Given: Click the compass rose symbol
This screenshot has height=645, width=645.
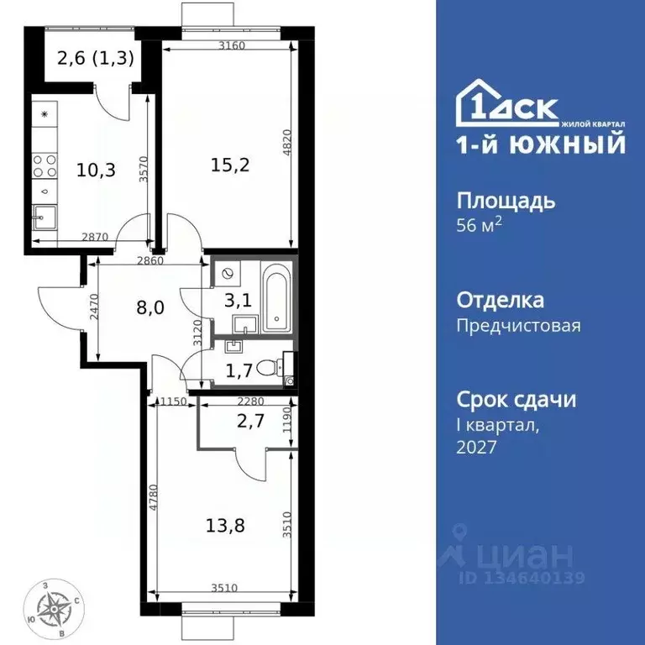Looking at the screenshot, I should (57, 606).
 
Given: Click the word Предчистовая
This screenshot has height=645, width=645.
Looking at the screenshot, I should (518, 325).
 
